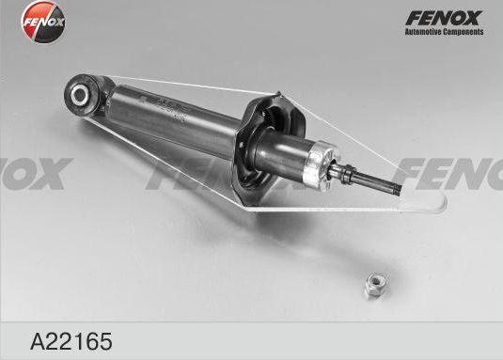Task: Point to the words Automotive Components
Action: coord(444,33)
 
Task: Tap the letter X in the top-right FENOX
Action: coord(473,17)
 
